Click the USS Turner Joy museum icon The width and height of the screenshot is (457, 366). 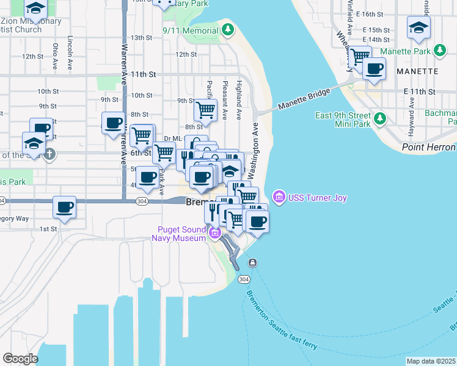[x=279, y=196]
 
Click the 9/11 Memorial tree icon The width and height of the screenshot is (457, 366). [x=228, y=29]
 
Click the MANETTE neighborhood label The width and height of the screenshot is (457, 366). [x=417, y=71]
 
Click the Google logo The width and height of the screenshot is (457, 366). [x=20, y=359]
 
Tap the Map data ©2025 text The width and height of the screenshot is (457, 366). [x=431, y=361]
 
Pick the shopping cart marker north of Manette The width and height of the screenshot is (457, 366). [x=360, y=56]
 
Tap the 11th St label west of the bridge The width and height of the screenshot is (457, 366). [x=144, y=74]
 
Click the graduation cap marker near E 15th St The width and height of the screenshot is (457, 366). [x=419, y=27]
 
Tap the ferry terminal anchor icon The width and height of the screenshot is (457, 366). [x=252, y=262]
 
